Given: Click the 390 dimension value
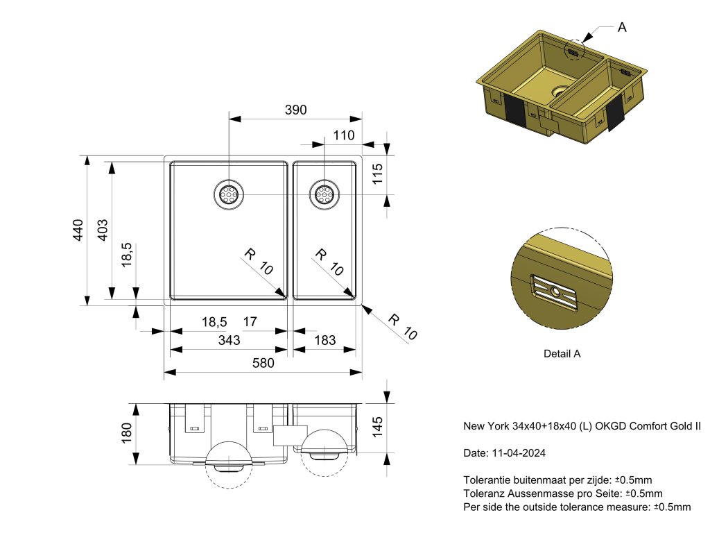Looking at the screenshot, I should click(295, 110).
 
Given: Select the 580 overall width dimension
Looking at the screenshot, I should click(263, 363).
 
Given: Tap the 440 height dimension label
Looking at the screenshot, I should click(78, 230).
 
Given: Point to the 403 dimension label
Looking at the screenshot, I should click(102, 230).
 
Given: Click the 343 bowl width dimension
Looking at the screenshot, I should click(229, 340).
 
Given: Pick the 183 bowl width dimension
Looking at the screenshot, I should click(324, 340).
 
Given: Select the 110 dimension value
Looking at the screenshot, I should click(344, 135).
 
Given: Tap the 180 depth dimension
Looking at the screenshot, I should click(126, 434).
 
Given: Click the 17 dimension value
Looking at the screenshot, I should click(250, 322).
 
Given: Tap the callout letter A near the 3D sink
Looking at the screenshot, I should click(622, 28).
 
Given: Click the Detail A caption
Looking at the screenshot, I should click(562, 353).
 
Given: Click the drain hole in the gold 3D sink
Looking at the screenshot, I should click(559, 91).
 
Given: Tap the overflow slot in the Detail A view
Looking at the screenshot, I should click(555, 292).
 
